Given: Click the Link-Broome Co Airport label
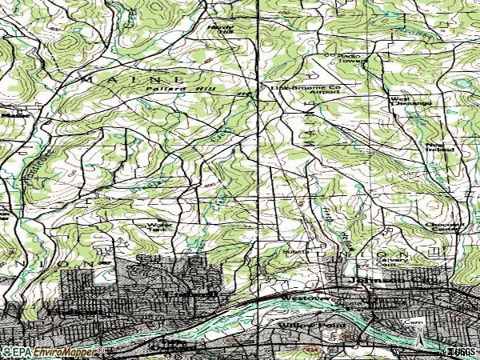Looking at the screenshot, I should coord(305,89).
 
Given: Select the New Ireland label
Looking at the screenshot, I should coord(440,146).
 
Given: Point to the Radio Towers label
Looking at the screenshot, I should coord(343,58).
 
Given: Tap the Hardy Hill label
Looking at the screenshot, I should coord(218,28).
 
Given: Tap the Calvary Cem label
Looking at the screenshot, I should coord(401,261).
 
